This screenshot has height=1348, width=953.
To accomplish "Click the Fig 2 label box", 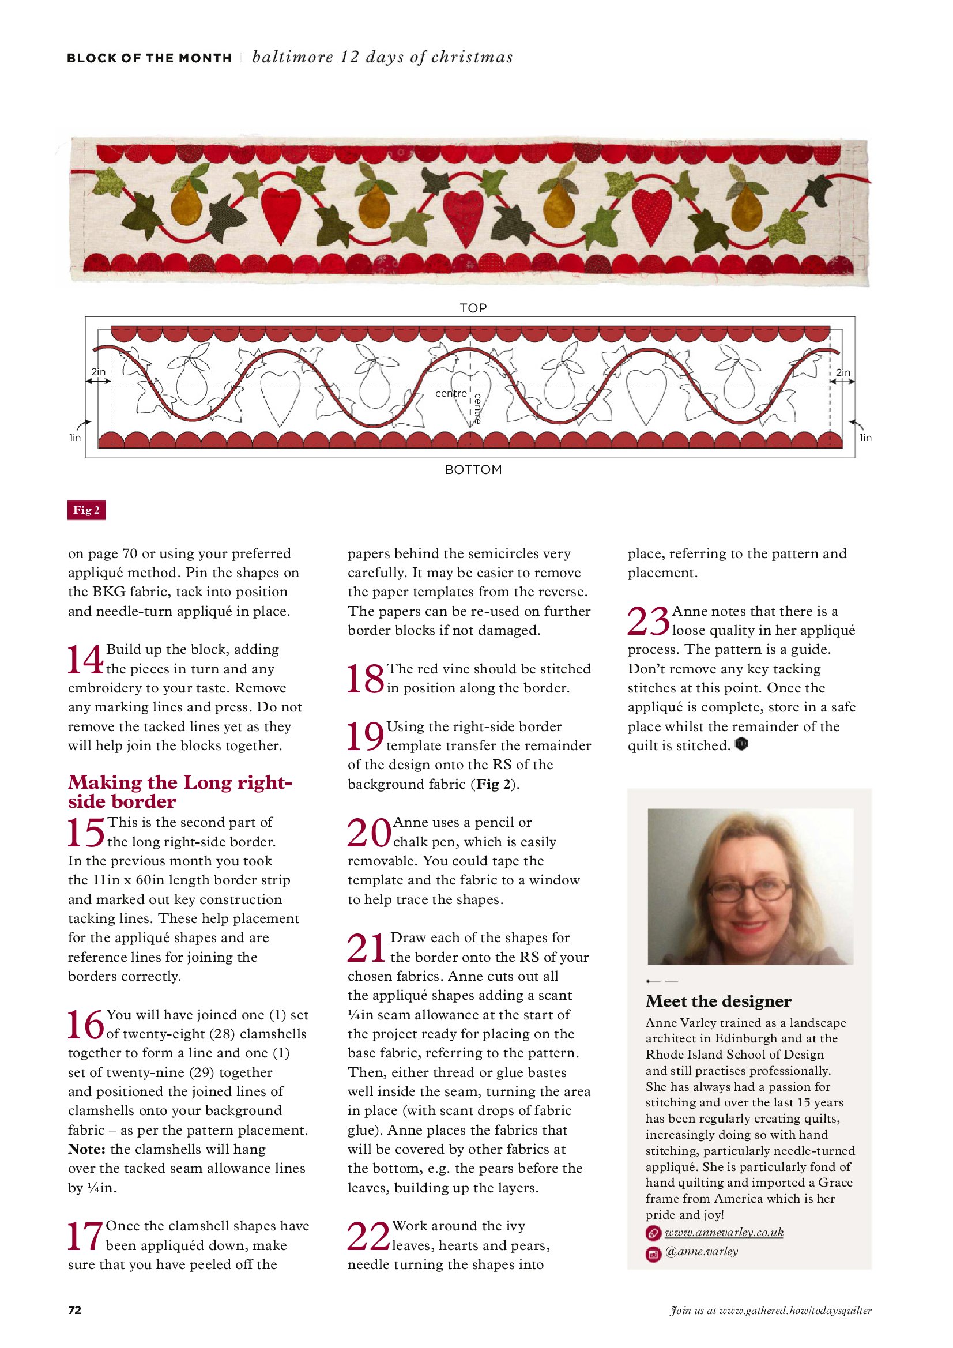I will point(86,510).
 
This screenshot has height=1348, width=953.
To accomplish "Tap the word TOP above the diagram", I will point(473,308).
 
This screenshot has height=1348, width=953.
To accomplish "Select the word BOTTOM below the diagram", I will point(473,470).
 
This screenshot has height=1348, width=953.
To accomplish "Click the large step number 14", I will point(85,660).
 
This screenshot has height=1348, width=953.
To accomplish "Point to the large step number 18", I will point(364,679).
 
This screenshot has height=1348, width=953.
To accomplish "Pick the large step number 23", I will point(647,621).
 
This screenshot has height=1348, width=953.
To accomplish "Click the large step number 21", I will point(366,948).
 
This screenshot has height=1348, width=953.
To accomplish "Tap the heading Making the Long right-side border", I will point(180,792).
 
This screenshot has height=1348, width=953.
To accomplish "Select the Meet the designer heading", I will point(718,1001).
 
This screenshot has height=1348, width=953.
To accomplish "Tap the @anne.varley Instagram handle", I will point(702,1251).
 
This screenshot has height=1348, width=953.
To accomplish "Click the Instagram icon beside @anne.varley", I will point(653,1252).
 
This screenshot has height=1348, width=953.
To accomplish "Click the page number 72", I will point(74,1310).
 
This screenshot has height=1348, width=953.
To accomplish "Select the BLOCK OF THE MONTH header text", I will point(149,58).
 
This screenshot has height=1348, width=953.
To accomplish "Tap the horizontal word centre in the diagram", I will point(451,393).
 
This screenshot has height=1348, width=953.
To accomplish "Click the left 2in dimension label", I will point(98,372).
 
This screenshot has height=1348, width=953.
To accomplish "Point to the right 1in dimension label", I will point(865,438).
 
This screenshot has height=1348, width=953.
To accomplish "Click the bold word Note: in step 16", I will point(86,1149).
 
